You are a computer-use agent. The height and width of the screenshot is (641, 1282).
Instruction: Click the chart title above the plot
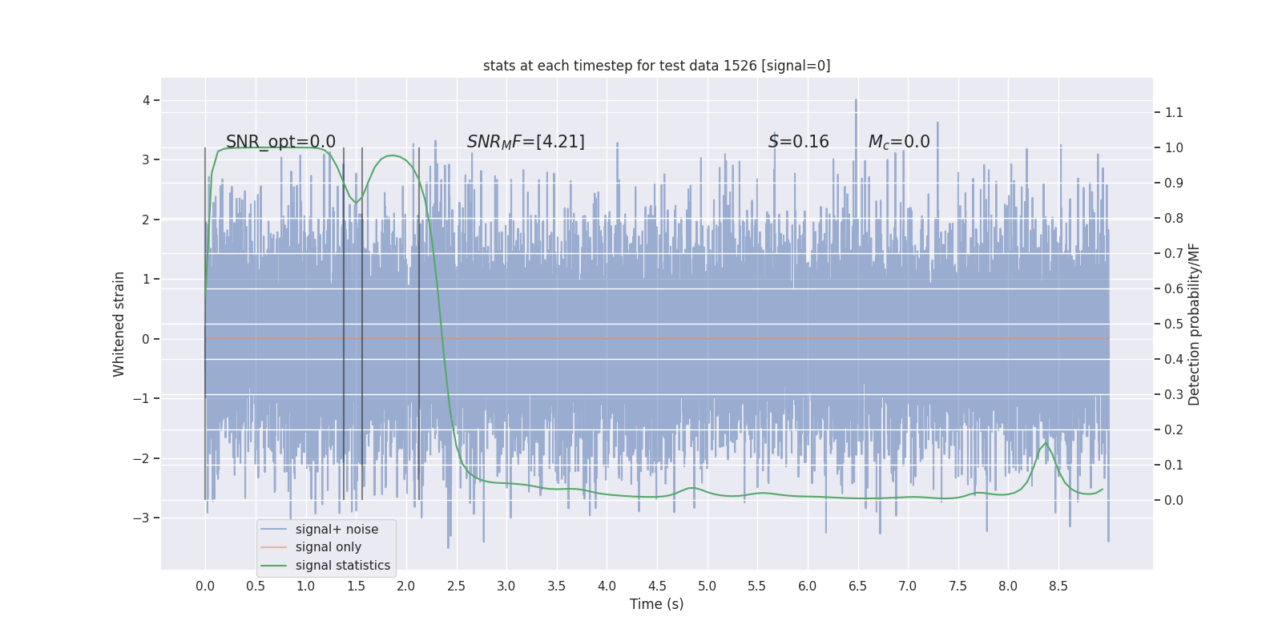(x=656, y=66)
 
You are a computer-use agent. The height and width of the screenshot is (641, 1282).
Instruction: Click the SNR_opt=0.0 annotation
(x=280, y=142)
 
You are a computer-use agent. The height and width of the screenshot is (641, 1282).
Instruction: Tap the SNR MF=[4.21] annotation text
(x=526, y=142)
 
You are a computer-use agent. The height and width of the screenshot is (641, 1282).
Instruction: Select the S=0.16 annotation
(x=798, y=142)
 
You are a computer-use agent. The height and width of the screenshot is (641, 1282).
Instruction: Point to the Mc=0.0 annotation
(x=899, y=142)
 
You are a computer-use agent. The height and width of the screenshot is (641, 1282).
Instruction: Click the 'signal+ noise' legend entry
(x=337, y=529)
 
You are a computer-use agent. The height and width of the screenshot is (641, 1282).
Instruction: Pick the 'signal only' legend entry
(x=328, y=547)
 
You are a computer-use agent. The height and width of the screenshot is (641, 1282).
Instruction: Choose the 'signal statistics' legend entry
(x=342, y=566)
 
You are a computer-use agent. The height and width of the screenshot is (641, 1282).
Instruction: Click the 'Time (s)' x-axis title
(x=656, y=604)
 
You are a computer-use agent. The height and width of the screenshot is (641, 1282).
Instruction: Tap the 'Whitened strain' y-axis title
(x=119, y=324)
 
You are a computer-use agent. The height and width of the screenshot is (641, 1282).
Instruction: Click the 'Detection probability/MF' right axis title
(x=1195, y=324)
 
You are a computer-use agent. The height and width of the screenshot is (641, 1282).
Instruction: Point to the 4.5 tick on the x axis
(x=657, y=586)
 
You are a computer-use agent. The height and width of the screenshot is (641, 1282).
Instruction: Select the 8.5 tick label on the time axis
(x=1058, y=586)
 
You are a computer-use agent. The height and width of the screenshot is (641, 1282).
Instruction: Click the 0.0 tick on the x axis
(x=205, y=586)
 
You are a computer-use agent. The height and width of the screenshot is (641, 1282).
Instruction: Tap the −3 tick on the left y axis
(x=141, y=518)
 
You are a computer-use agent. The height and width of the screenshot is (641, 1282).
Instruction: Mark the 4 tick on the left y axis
(x=146, y=100)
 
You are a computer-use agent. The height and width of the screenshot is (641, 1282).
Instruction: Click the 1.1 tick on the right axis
(x=1174, y=112)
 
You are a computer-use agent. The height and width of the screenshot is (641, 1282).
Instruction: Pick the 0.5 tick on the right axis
(x=1174, y=324)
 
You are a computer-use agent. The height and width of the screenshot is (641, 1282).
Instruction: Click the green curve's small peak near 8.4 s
(x=1045, y=443)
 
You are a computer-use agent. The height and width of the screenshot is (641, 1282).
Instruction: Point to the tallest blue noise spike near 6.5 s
(x=856, y=101)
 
